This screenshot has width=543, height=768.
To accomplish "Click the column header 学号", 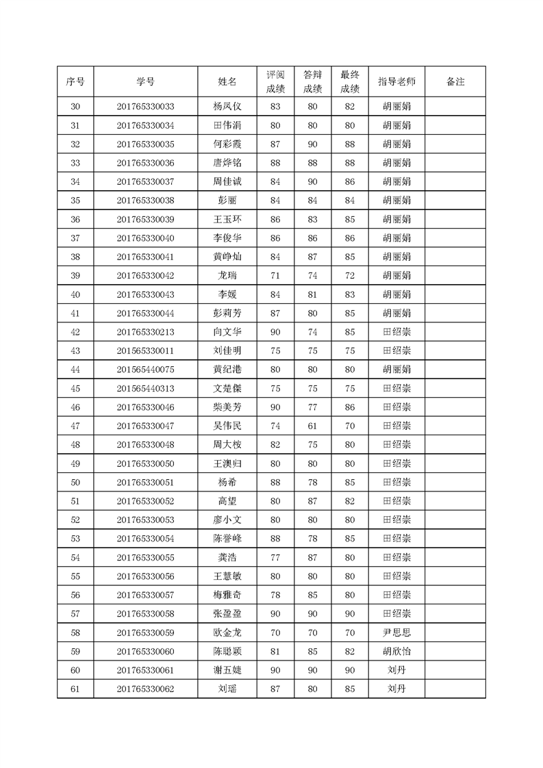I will (145, 81).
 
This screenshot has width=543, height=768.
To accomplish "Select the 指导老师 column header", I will (396, 81).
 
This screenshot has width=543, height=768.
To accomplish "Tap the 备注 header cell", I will (455, 81).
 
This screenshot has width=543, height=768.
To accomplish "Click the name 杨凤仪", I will (227, 107).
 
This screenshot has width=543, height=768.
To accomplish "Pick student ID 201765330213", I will (145, 332).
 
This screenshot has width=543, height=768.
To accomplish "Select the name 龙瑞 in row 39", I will (227, 276).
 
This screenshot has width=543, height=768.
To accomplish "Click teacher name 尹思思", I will (396, 632).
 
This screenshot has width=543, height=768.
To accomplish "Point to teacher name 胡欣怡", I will (396, 651).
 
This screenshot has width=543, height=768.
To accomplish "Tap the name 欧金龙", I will (227, 632).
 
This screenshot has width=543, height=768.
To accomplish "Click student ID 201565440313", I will (145, 388).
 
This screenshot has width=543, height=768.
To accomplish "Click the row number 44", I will (75, 370).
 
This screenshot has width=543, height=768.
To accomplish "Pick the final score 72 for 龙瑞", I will (349, 276).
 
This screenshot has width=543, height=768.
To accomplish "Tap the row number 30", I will (75, 107).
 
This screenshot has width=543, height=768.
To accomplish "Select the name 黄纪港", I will (227, 370).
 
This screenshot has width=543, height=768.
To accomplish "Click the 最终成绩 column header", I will (349, 81).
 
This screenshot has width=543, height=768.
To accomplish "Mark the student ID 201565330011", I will (145, 350).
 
